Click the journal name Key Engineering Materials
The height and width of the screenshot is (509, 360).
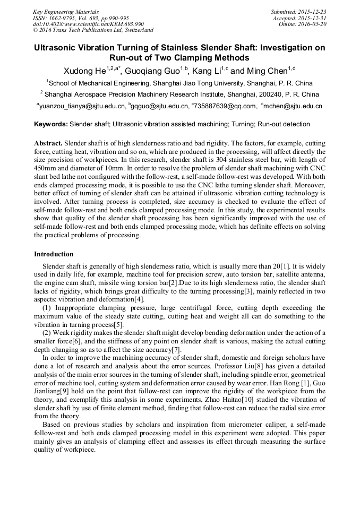tap(65, 11)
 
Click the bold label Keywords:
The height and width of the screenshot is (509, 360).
tap(51, 124)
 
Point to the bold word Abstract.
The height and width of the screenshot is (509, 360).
tap(48, 144)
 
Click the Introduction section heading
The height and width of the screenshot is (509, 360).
tap(54, 254)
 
